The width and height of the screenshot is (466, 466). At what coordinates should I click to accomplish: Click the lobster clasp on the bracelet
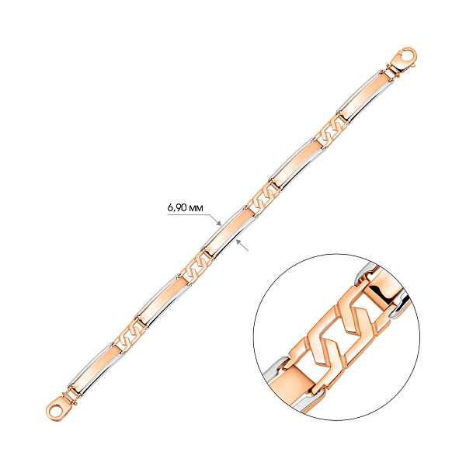click(x=404, y=59)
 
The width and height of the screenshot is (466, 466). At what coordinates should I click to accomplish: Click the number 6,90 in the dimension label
click(x=177, y=207)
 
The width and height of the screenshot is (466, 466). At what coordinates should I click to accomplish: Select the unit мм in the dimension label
click(x=196, y=209)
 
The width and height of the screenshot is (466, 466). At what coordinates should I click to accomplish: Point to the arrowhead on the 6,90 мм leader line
click(x=219, y=223)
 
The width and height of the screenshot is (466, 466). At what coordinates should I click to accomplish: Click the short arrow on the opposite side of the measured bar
click(x=242, y=245)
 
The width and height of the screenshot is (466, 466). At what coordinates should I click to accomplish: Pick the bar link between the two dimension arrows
click(x=229, y=231)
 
